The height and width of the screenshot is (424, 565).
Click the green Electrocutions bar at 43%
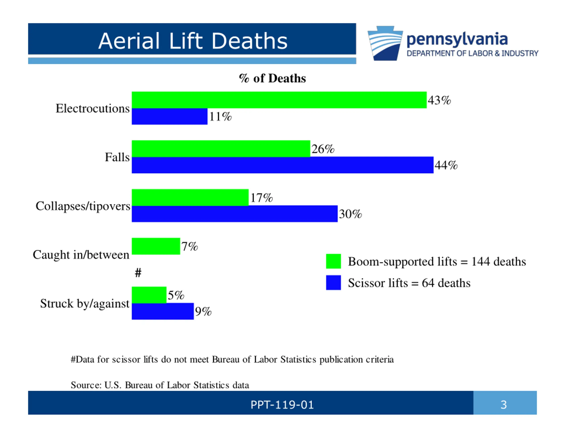(x=279, y=100)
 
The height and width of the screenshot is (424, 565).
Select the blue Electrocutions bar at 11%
(x=169, y=117)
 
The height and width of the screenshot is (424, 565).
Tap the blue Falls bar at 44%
(x=282, y=165)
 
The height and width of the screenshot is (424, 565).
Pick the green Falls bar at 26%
(x=221, y=149)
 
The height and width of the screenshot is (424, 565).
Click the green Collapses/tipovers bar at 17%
(x=190, y=198)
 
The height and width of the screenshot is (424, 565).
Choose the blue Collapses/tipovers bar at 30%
(x=234, y=214)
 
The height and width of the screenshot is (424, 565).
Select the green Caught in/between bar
(x=156, y=246)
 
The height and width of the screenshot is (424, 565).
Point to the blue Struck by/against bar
(x=163, y=311)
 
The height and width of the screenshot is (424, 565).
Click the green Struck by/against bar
(x=149, y=295)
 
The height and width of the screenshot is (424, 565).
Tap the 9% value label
(x=203, y=312)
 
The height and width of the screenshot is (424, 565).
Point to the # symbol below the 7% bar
(x=138, y=273)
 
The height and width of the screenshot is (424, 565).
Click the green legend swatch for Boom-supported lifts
(x=333, y=261)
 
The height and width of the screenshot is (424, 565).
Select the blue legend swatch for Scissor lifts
(x=333, y=283)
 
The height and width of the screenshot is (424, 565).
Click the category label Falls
(x=117, y=157)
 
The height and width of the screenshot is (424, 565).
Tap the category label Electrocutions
(x=93, y=108)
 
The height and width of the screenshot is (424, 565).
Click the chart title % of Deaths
(x=272, y=78)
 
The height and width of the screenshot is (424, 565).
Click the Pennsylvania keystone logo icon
(x=385, y=44)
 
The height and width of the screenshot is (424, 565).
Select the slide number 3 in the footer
(x=503, y=405)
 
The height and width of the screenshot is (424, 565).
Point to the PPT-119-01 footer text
(x=282, y=405)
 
